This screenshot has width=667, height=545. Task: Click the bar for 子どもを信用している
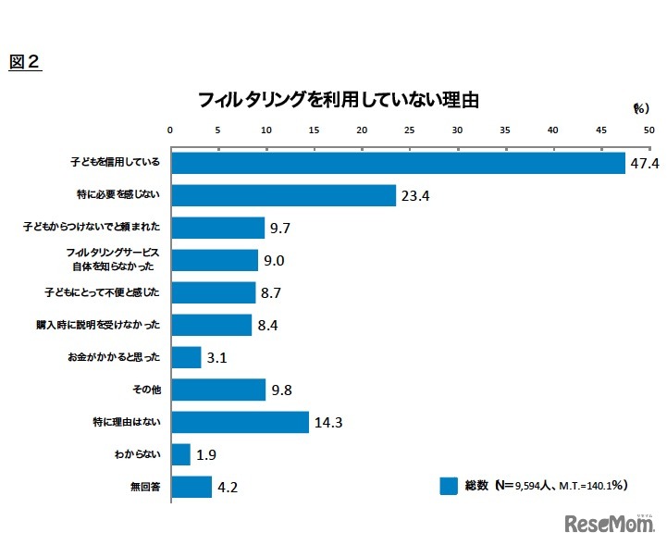[398, 163]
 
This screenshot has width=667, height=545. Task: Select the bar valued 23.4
[283, 195]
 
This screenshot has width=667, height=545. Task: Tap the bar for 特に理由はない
[240, 422]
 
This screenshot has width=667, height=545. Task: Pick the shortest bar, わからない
[180, 454]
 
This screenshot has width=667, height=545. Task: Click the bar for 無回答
[191, 487]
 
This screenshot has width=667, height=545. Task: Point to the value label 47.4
[644, 164]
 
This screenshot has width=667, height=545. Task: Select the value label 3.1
[218, 358]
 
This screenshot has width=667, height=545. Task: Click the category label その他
[149, 390]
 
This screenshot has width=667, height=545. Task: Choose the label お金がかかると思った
[120, 357]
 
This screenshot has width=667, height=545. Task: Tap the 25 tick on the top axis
[410, 130]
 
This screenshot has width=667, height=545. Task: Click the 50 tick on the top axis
[648, 130]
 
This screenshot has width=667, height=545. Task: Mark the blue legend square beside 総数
[450, 486]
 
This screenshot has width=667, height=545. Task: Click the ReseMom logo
[609, 523]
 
